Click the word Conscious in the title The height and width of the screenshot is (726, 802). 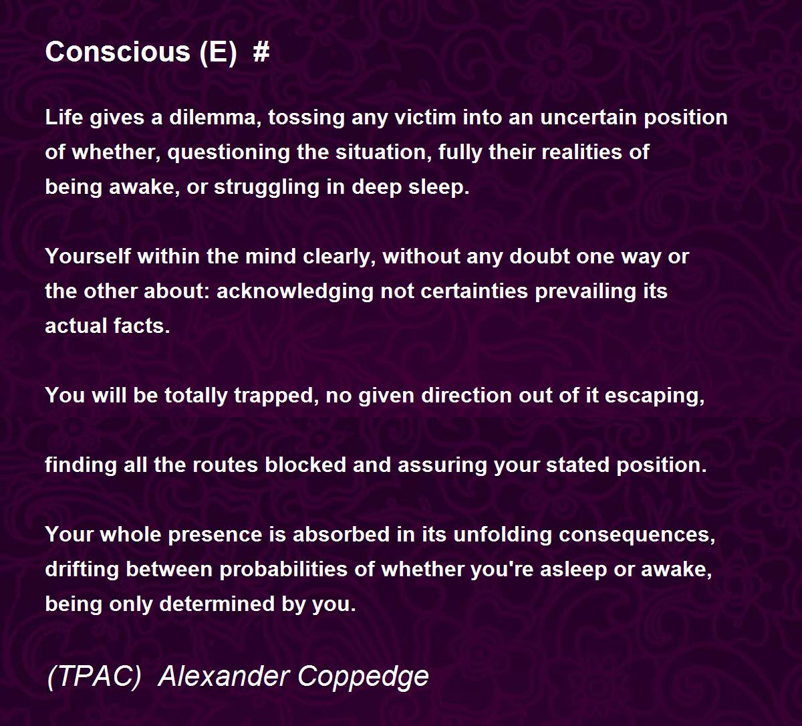click(x=118, y=52)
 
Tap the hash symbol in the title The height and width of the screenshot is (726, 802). click(x=261, y=52)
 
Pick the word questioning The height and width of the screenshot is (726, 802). click(x=229, y=152)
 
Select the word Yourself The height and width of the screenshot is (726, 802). click(x=88, y=256)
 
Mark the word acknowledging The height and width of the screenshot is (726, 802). click(x=295, y=291)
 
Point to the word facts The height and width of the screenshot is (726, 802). click(x=142, y=326)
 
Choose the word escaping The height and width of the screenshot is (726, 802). click(x=654, y=396)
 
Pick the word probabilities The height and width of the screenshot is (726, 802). click(x=283, y=569)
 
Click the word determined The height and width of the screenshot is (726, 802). click(x=217, y=604)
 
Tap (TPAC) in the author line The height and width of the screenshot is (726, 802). click(x=94, y=677)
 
